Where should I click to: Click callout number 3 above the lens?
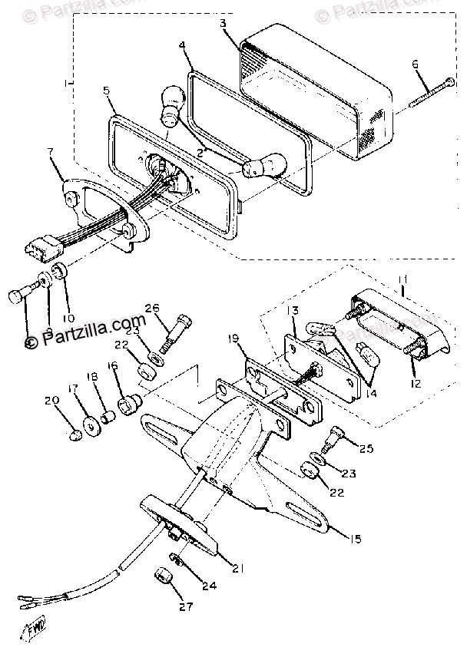223,23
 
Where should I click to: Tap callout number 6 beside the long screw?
416,64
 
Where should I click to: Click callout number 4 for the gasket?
182,46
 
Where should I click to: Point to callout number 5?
107,91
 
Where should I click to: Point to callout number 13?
293,311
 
